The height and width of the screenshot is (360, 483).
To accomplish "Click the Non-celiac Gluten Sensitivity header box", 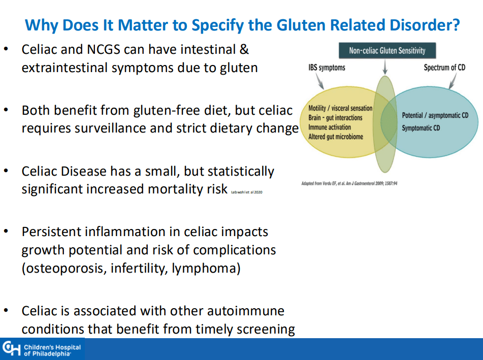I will [x=387, y=51].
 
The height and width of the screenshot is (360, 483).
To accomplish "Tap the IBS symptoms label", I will [x=327, y=68].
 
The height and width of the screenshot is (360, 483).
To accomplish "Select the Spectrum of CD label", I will [x=444, y=68].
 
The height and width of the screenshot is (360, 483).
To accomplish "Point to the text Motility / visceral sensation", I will [x=340, y=108].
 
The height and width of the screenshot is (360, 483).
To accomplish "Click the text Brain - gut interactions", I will [x=335, y=118].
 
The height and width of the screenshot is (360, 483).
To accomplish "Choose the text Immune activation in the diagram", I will [x=330, y=127].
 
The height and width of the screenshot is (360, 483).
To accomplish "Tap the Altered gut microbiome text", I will [x=336, y=137].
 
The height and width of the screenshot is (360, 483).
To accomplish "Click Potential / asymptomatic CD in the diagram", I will [x=435, y=116].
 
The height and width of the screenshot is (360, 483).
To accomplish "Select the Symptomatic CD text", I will [x=421, y=128].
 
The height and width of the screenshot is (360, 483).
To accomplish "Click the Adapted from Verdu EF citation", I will [x=349, y=183].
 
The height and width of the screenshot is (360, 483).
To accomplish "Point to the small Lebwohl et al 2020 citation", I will [x=246, y=192].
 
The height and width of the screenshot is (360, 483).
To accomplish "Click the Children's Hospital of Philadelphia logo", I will [x=42, y=349].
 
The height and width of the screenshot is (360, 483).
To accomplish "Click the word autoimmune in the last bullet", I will [x=245, y=310].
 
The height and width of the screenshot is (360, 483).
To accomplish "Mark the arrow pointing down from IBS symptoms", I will [x=319, y=80].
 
